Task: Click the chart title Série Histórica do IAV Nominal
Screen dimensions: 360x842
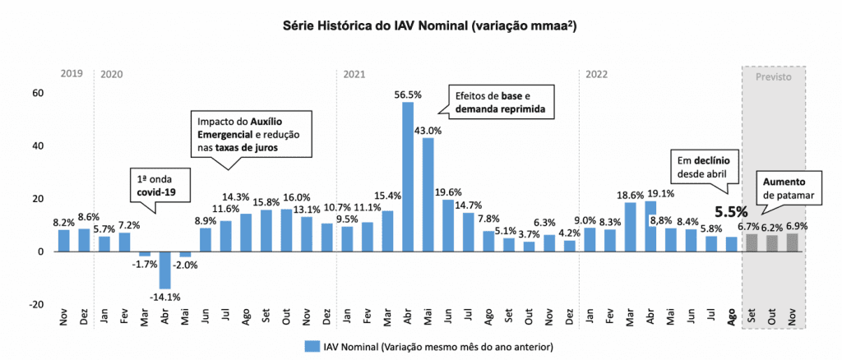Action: click(x=420, y=25)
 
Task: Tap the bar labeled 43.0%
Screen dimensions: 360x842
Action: click(x=428, y=194)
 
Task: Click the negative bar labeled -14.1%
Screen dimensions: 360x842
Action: click(x=164, y=270)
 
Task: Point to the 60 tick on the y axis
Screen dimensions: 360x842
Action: click(x=38, y=93)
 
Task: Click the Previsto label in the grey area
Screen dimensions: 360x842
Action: click(x=773, y=75)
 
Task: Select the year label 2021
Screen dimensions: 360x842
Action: click(x=354, y=75)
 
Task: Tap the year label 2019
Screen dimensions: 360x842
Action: click(x=72, y=75)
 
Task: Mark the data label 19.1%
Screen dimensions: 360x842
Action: click(x=662, y=194)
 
